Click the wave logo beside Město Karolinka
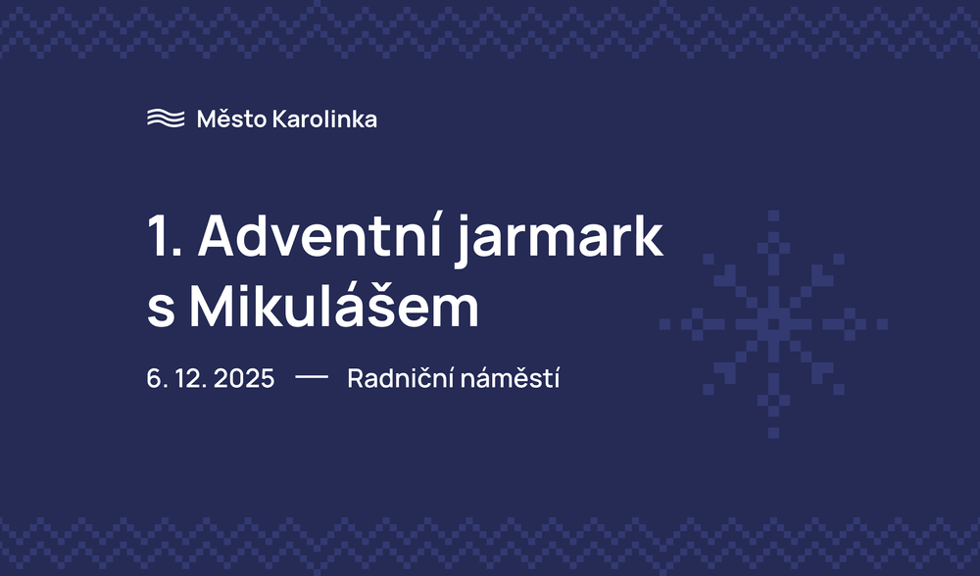[166, 119]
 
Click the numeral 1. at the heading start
[163, 237]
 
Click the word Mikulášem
[333, 308]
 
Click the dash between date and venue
[311, 378]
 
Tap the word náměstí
[516, 379]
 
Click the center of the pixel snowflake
[773, 323]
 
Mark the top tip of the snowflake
[773, 216]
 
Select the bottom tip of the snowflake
[773, 432]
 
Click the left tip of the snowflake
[665, 323]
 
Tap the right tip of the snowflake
[882, 323]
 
